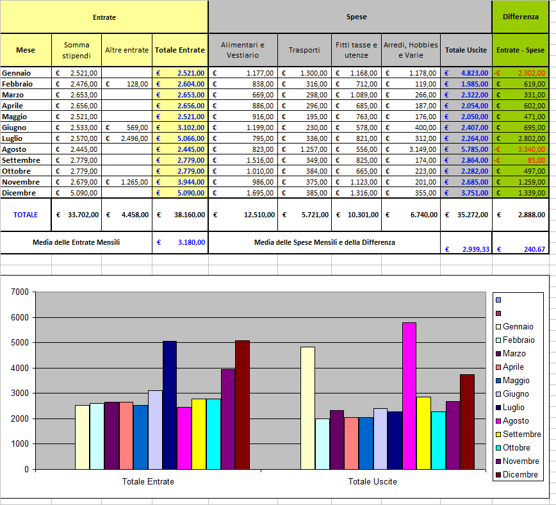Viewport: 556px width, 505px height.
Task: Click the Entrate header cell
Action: [104, 17]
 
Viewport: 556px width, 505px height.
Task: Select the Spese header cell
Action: [356, 17]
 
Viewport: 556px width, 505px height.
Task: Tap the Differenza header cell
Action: [520, 17]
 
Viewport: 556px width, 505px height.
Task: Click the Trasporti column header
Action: [304, 50]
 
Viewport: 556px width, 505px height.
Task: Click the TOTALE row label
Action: [26, 215]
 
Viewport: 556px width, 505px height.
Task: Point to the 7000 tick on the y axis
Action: [21, 292]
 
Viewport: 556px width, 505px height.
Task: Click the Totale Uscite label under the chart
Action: [372, 481]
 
